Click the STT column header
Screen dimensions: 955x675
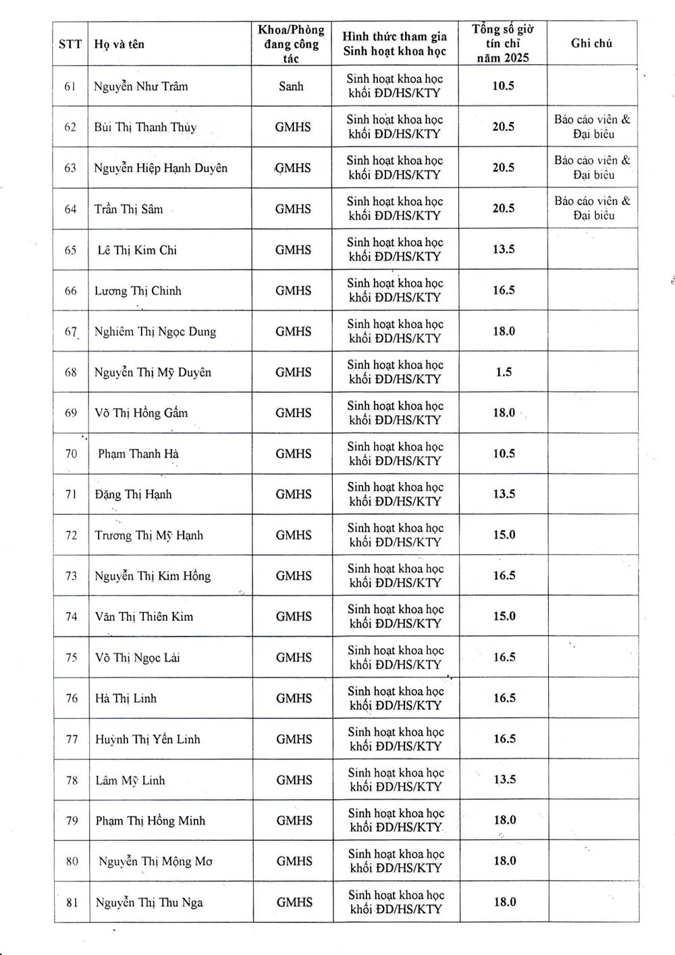tap(70, 45)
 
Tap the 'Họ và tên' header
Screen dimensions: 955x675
tap(119, 45)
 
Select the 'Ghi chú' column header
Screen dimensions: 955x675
tap(591, 43)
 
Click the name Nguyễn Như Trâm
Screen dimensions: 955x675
tap(141, 86)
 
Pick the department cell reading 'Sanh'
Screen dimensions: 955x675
tap(292, 86)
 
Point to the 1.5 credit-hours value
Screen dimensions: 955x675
tap(504, 372)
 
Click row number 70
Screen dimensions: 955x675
tap(71, 454)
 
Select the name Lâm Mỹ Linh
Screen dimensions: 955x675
tap(130, 780)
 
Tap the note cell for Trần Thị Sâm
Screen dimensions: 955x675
tap(593, 208)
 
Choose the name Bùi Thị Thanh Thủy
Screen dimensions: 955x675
tap(145, 127)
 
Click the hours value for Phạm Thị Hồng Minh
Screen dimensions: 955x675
tap(505, 820)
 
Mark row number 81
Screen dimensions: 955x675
tap(72, 902)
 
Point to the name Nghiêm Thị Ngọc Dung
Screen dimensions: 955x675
tap(155, 331)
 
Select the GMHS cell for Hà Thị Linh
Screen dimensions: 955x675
tap(294, 698)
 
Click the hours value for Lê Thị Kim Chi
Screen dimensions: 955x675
tap(504, 249)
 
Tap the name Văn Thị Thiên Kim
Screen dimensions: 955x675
tap(144, 616)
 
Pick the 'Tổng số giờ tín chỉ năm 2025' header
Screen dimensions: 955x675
tap(503, 43)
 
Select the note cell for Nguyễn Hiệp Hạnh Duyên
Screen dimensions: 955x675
tap(593, 167)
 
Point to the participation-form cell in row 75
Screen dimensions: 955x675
tap(396, 657)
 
